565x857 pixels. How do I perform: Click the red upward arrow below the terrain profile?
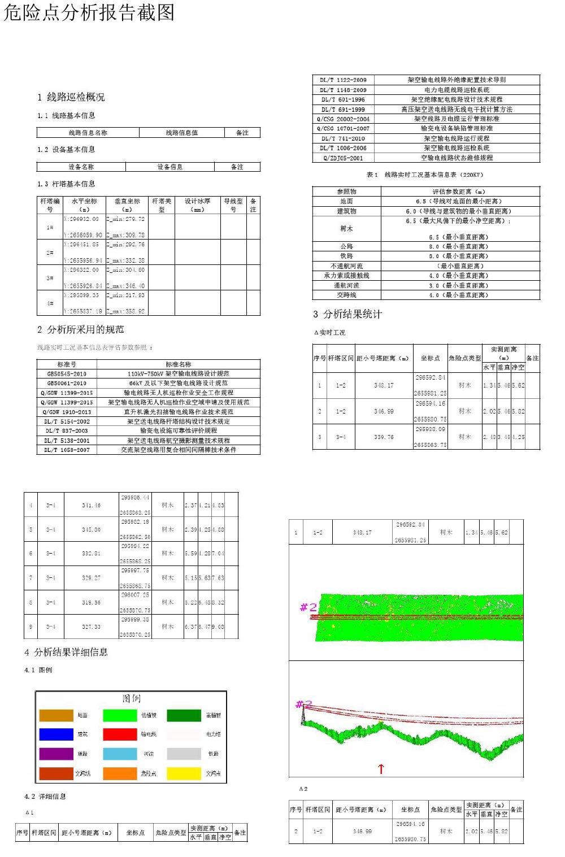tap(381, 768)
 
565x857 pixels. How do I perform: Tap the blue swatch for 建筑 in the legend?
tap(56, 734)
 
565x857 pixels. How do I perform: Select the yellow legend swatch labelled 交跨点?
tap(184, 773)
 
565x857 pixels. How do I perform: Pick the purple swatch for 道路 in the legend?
tap(56, 754)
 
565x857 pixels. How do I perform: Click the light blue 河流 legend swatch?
tap(120, 754)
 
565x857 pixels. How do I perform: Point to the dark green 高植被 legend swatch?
tap(184, 715)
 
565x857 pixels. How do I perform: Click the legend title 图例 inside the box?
tap(132, 699)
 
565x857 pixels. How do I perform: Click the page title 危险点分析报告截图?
tap(89, 12)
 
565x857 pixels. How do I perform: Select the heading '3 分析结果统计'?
tap(347, 314)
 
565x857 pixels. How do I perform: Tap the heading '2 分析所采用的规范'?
tap(81, 329)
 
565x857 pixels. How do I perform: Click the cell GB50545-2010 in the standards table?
tap(67, 374)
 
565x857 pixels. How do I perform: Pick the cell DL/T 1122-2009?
tap(343, 80)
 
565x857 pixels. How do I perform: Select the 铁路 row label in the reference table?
tap(346, 256)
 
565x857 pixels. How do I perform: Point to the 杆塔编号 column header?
tap(50, 205)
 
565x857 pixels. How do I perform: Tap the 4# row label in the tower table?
tap(50, 303)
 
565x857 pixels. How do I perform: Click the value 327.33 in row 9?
tap(91, 627)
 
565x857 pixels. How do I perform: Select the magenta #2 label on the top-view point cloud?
tap(308, 607)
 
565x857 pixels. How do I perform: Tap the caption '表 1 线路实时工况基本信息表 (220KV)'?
tap(425, 175)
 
